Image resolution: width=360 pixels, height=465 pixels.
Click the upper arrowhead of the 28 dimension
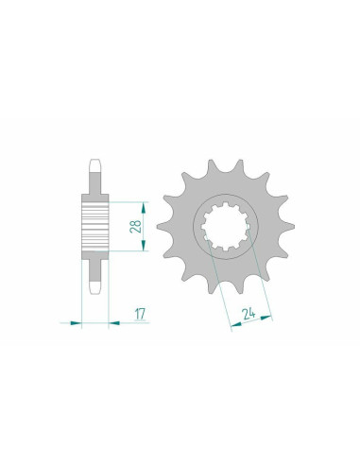click(x=143, y=203)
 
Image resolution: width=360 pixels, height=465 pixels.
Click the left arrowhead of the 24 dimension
click(x=229, y=328)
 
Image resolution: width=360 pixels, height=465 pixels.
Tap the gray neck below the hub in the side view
click(x=94, y=268)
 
